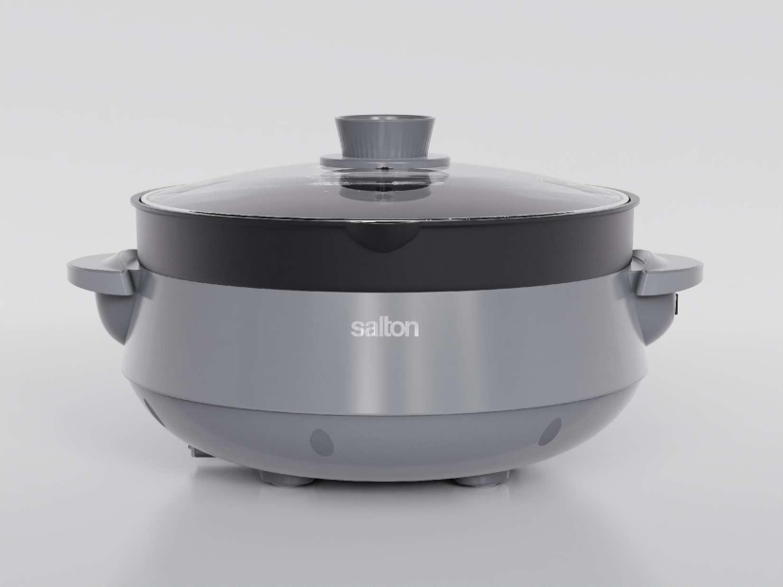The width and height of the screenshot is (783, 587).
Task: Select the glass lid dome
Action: pos(285,190)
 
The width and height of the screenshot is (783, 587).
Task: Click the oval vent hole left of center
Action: pos(323,443)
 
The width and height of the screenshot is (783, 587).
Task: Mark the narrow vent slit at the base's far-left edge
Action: pos(149,411)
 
